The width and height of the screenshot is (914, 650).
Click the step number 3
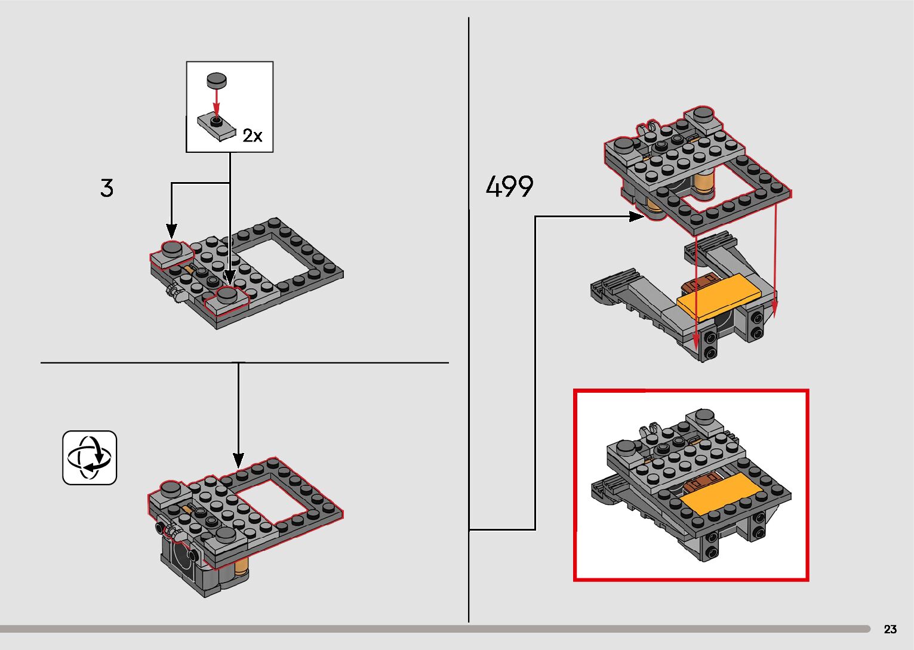(107, 188)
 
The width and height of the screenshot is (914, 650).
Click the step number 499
(509, 187)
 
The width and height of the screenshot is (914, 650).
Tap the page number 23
(890, 629)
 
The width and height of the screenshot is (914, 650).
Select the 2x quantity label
(252, 136)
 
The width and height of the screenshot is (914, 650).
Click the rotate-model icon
(90, 458)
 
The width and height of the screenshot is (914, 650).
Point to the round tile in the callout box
(217, 79)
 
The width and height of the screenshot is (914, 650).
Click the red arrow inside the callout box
(217, 101)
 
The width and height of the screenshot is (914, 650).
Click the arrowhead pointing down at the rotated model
(238, 460)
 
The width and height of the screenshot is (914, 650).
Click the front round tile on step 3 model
(227, 294)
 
